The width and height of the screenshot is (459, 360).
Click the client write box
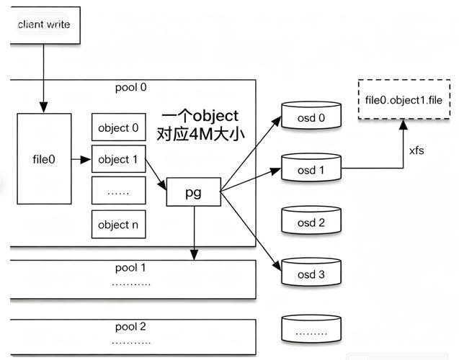coord(43,24)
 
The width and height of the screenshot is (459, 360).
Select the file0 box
coord(44,159)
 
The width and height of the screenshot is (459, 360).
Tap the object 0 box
coord(118,127)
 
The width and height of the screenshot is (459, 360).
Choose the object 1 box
coord(118,159)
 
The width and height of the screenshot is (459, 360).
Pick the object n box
coord(118,224)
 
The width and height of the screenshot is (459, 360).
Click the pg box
coord(193,192)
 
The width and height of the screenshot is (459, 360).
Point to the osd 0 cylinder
coord(311,118)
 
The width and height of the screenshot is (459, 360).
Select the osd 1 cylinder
coord(311,170)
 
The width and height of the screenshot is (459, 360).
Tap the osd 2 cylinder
coord(311,222)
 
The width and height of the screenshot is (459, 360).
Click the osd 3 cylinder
coord(311,274)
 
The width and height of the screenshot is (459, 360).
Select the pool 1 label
coord(130,268)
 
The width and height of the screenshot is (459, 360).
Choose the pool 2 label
coord(130,326)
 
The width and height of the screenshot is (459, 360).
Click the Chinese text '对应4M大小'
coord(199,133)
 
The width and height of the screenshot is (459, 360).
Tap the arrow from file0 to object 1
coord(81,159)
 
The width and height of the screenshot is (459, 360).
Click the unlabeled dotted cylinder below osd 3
coord(311,330)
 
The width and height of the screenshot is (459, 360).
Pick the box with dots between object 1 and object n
coord(118,192)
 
